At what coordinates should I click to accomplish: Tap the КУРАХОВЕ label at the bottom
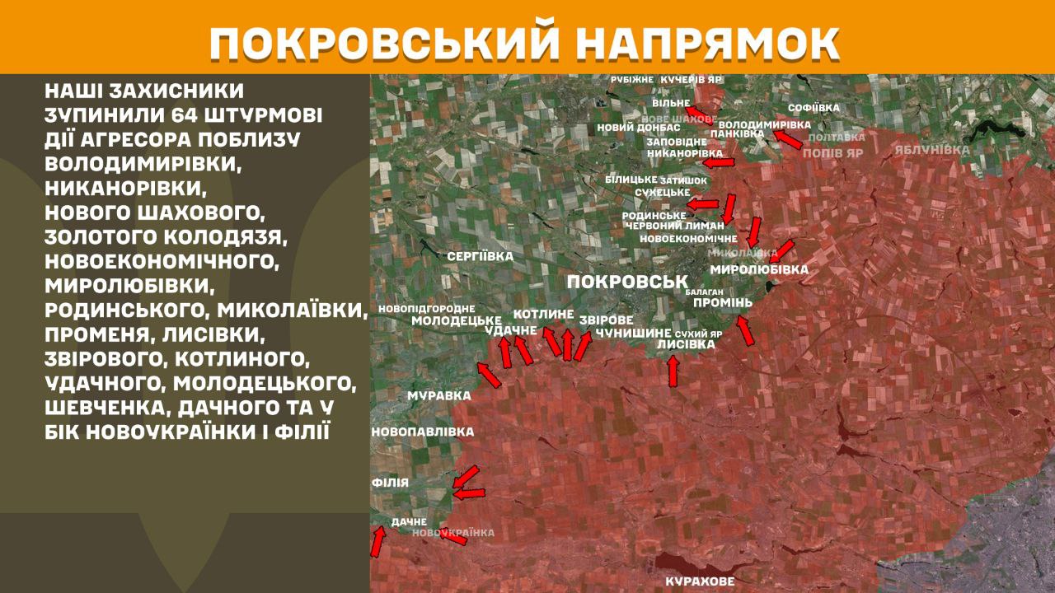[700, 582]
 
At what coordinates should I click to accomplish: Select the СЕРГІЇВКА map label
[480, 256]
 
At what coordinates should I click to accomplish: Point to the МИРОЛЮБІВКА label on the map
[758, 269]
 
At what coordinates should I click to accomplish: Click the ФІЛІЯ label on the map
[390, 482]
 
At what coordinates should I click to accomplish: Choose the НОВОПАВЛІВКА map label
[423, 432]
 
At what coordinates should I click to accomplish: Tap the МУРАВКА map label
[439, 395]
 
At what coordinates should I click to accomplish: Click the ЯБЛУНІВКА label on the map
[932, 150]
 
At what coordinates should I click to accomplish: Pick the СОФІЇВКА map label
[814, 108]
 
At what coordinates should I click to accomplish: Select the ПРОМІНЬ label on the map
[723, 302]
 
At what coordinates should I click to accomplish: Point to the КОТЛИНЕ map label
[543, 314]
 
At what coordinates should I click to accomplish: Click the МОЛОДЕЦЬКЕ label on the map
[457, 320]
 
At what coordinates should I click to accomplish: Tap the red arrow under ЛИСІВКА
[673, 371]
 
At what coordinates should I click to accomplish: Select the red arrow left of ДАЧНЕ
[377, 541]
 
